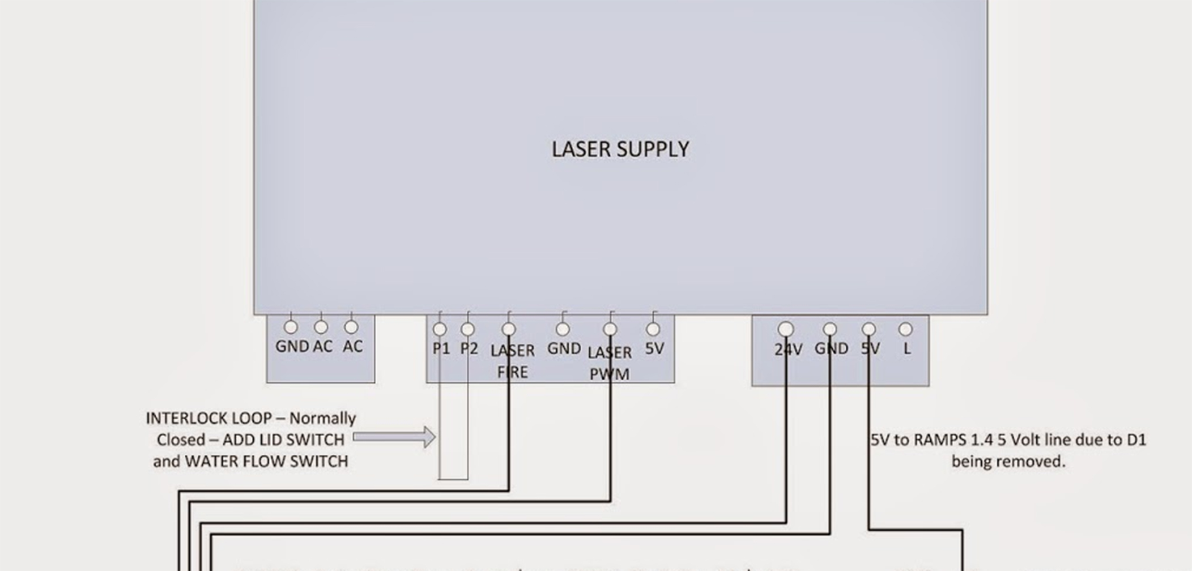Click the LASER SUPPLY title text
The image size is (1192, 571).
pos(620,150)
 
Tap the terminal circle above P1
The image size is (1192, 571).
pos(440,329)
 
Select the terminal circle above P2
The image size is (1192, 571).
pos(467,329)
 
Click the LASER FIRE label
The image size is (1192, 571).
pos(512,361)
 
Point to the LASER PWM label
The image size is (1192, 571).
pos(610,363)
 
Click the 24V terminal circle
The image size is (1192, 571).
pos(786,329)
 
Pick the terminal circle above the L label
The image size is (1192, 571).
pos(905,329)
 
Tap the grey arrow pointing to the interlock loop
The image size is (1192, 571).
pos(394,437)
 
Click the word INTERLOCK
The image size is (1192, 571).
pos(208,419)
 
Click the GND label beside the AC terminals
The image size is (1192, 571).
pos(292,346)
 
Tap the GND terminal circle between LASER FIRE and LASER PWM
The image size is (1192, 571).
pos(563,329)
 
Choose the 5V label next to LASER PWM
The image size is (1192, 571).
pos(654,348)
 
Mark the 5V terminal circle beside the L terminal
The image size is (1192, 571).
pos(869,329)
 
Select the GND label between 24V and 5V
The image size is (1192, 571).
pos(831,348)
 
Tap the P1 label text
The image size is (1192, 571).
pos(441,348)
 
